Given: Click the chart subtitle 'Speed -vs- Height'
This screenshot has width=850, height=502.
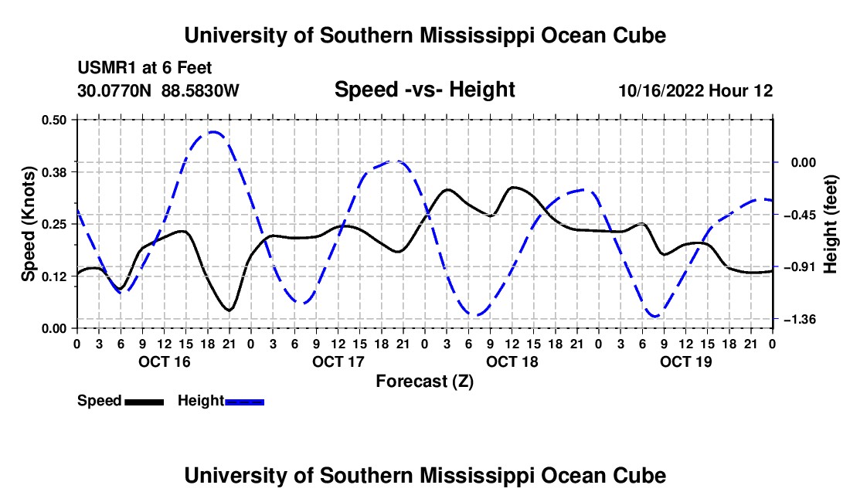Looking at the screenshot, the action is click(x=424, y=90).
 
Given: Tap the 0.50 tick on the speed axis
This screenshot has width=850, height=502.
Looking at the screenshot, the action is click(x=54, y=120).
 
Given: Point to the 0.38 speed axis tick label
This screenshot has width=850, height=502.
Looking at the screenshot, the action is click(x=54, y=172).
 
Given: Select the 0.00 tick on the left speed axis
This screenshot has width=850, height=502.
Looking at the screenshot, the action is click(x=54, y=329).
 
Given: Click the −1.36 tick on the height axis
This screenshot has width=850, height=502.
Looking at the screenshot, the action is click(x=800, y=320).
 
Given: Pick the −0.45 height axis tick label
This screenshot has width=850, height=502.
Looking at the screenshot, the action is click(x=800, y=215).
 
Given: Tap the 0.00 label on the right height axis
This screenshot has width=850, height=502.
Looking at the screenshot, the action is click(x=804, y=162).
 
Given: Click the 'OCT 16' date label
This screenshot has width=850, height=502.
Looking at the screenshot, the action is click(x=165, y=361).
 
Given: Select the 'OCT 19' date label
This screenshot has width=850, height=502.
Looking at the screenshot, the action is click(x=685, y=361).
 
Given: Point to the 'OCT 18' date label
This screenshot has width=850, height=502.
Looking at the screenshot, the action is click(x=512, y=361).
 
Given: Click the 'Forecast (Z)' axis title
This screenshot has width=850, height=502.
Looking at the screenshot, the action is click(x=424, y=382).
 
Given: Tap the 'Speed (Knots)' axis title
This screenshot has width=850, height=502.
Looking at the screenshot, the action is click(x=28, y=224).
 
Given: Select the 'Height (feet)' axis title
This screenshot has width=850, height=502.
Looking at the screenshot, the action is click(x=830, y=224).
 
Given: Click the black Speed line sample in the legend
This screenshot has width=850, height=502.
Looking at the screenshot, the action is click(x=144, y=402).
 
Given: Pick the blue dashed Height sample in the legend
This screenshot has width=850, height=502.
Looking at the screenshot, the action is click(x=244, y=402).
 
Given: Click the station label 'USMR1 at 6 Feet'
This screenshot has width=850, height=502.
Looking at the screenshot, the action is click(x=144, y=68).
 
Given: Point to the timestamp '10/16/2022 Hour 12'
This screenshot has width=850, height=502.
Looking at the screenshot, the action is click(x=695, y=90).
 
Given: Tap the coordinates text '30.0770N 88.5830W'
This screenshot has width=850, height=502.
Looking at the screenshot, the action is click(x=158, y=90).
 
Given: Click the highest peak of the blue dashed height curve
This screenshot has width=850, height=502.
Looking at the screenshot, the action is click(x=213, y=131).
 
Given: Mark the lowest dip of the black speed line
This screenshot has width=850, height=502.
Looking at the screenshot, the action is click(x=229, y=310).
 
